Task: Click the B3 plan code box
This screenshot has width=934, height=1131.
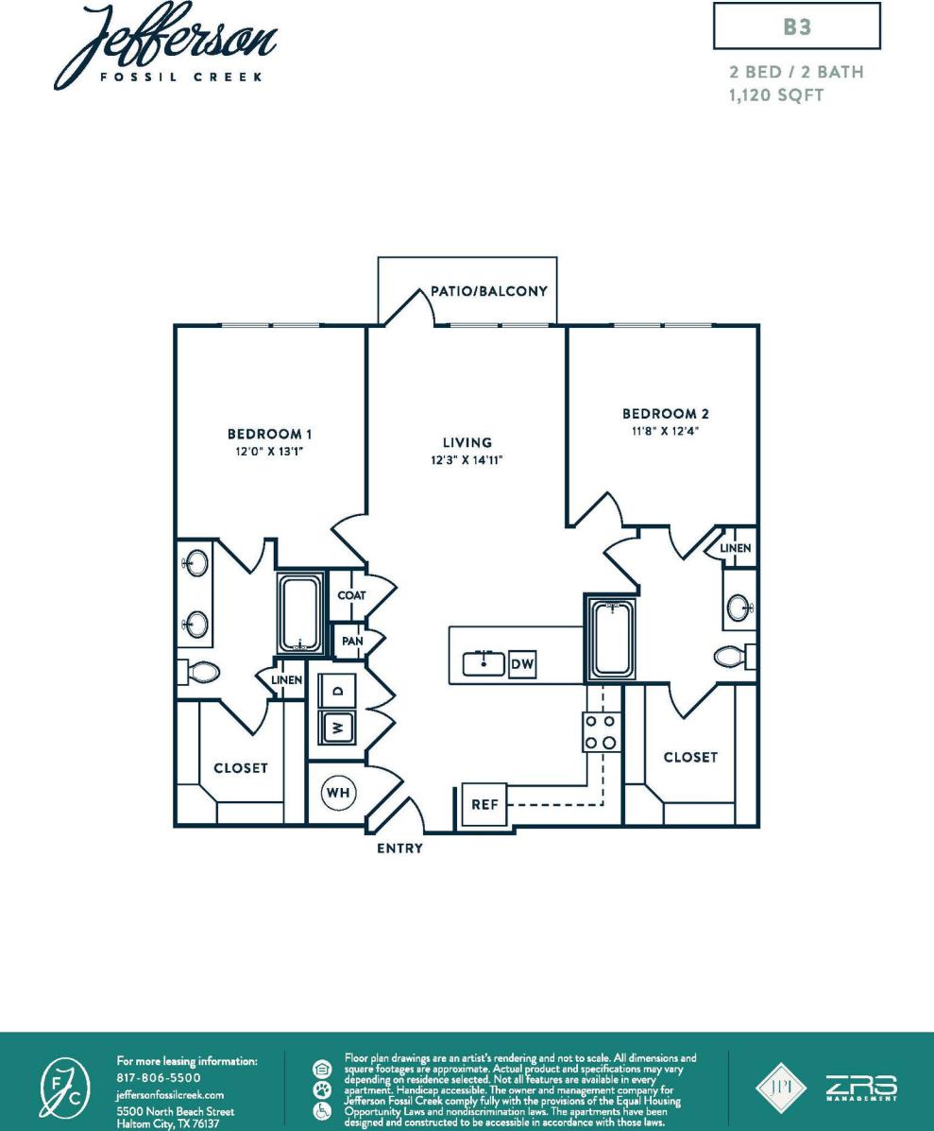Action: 797,27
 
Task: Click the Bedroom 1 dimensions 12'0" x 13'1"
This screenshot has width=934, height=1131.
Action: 269,451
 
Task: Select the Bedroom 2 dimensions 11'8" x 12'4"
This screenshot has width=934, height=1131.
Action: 665,430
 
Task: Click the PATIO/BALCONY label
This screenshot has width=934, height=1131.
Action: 489,291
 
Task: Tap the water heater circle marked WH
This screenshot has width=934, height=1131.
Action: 336,794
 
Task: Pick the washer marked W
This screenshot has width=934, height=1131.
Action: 336,728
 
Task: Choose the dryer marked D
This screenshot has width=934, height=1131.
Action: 336,691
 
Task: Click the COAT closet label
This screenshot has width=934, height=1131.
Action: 351,596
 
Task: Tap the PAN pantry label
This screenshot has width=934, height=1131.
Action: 351,641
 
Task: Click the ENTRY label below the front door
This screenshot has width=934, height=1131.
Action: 399,848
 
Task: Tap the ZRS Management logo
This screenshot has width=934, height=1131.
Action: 861,1087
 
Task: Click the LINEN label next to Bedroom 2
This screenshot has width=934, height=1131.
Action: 735,548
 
